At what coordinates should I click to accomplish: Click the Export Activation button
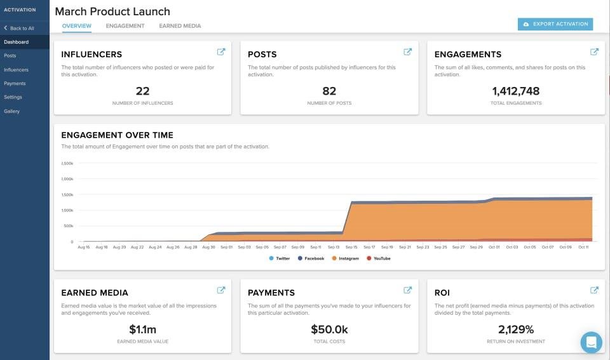[x=555, y=24]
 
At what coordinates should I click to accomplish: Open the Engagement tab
[x=125, y=26]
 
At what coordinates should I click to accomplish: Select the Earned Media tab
[x=180, y=26]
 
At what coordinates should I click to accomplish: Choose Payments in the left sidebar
[x=15, y=83]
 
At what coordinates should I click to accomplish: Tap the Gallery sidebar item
[x=11, y=111]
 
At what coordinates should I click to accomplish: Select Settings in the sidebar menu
[x=13, y=97]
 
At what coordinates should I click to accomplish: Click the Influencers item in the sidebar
[x=16, y=70]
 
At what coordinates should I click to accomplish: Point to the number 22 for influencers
[x=142, y=91]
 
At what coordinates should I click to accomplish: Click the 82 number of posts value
[x=329, y=91]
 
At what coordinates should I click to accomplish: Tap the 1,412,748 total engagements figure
[x=515, y=91]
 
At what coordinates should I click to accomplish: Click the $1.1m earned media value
[x=142, y=330]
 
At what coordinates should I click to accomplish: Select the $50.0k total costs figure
[x=329, y=330]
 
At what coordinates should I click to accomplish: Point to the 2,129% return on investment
[x=515, y=330]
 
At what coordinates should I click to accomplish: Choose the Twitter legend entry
[x=280, y=258]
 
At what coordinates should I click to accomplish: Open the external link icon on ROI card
[x=594, y=290]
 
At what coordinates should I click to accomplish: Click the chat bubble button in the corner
[x=591, y=342]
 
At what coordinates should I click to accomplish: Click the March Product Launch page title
[x=112, y=11]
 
